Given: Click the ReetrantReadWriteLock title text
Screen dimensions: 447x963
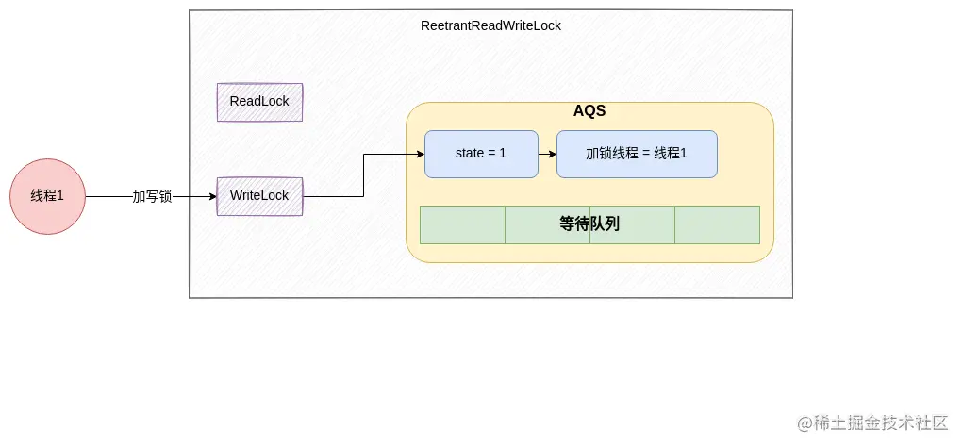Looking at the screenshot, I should pyautogui.click(x=490, y=25).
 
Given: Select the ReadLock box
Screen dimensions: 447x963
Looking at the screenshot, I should pyautogui.click(x=259, y=102).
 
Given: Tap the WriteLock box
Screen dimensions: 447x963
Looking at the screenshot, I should pyautogui.click(x=259, y=196).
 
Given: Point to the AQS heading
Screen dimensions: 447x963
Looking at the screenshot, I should pyautogui.click(x=589, y=111).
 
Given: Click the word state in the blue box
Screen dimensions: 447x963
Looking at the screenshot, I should pyautogui.click(x=469, y=153).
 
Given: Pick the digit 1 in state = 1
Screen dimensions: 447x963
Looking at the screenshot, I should pyautogui.click(x=503, y=153).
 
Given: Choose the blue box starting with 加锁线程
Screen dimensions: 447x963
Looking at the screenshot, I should pyautogui.click(x=637, y=154).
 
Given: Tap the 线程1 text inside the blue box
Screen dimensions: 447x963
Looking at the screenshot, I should pyautogui.click(x=671, y=153).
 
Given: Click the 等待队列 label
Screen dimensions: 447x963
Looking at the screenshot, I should pyautogui.click(x=589, y=224).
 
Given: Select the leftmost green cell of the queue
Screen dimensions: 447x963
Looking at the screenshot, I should pyautogui.click(x=462, y=224).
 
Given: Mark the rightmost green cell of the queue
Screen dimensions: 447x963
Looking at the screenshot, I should pyautogui.click(x=717, y=224).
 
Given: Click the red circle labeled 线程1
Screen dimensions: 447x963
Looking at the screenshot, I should pyautogui.click(x=47, y=196).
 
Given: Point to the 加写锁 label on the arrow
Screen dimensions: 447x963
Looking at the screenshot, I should pyautogui.click(x=152, y=196).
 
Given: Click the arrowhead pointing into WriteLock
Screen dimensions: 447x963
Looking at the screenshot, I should pyautogui.click(x=212, y=196).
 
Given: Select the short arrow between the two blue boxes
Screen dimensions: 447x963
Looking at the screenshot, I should pyautogui.click(x=547, y=154).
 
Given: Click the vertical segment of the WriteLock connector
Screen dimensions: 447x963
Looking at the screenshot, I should pyautogui.click(x=364, y=175).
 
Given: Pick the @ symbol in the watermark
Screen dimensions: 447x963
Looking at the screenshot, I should pyautogui.click(x=805, y=422).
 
